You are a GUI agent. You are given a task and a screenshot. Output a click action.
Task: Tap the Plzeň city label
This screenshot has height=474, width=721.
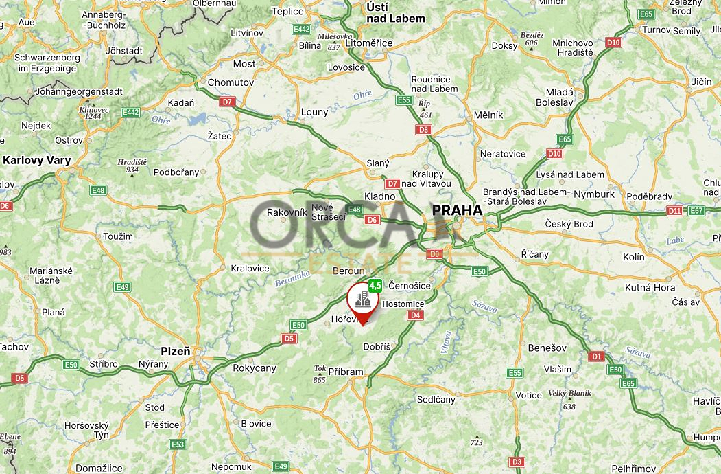pyautogui.click(x=175, y=350)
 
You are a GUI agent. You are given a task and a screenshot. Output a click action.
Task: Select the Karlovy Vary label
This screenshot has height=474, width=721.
pyautogui.click(x=37, y=161)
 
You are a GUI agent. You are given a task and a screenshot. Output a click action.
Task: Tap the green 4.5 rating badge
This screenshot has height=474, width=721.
pyautogui.click(x=375, y=284)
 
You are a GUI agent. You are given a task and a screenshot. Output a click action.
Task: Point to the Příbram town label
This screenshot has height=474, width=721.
pyautogui.click(x=346, y=372)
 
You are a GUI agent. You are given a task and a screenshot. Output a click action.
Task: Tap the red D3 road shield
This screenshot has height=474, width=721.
pyautogui.click(x=517, y=462)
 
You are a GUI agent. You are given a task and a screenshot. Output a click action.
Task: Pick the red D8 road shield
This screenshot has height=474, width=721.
pyautogui.click(x=423, y=129)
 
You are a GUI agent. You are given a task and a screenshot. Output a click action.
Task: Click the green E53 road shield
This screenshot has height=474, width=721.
pyautogui.click(x=178, y=444)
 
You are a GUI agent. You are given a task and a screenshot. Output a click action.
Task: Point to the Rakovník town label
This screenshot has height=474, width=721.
pyautogui.click(x=286, y=212)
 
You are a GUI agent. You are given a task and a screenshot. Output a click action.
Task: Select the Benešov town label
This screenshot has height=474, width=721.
pyautogui.click(x=546, y=348)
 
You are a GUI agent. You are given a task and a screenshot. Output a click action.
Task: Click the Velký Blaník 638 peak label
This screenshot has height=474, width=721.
pyautogui.click(x=569, y=399)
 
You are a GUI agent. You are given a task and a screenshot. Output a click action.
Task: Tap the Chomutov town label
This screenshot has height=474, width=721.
pyautogui.click(x=231, y=82)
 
